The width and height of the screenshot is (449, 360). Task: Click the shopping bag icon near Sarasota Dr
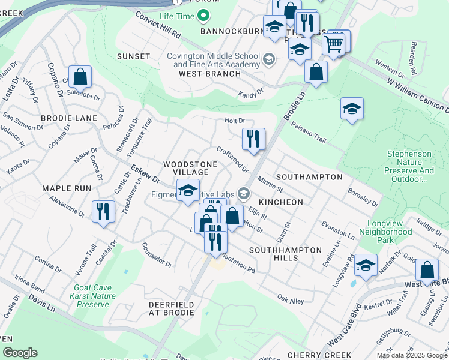point(80,77)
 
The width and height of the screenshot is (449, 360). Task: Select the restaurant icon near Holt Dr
point(253,139)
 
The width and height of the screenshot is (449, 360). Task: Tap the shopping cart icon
point(334,43)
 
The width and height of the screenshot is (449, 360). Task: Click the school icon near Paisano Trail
point(352,109)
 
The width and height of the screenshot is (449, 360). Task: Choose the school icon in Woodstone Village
point(188,191)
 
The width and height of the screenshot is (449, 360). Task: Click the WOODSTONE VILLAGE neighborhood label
point(186,167)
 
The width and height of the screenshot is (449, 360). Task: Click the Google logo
point(19,353)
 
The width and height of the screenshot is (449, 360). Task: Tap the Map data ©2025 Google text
point(411,355)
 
